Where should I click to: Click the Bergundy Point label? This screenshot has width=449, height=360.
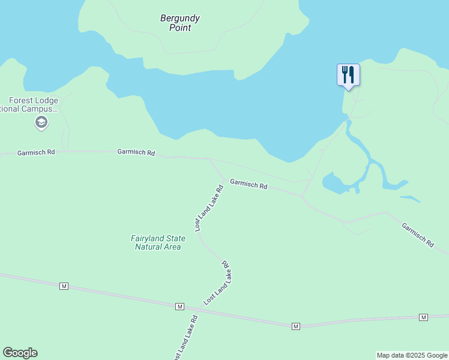point(180,23)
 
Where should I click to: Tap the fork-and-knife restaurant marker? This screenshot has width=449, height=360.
point(348,74)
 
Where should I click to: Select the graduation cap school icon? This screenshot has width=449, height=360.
point(41,123)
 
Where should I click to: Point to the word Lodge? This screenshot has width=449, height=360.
point(47,101)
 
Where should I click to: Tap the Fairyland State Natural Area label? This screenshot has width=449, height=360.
point(158,242)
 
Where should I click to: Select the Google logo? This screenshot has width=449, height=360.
point(20,353)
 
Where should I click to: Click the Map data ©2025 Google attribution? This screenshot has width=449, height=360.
point(412,355)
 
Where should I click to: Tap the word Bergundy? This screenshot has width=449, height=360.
point(180,19)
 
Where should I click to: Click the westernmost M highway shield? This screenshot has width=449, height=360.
point(64,286)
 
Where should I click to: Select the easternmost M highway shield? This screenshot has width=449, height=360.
point(423,317)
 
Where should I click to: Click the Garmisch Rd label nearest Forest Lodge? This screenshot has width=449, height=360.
point(36,152)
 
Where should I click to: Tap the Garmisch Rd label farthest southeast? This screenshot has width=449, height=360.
point(418,235)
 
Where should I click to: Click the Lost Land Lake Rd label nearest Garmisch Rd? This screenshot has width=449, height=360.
point(209,208)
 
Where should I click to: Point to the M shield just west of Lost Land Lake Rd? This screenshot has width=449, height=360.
point(179,307)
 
